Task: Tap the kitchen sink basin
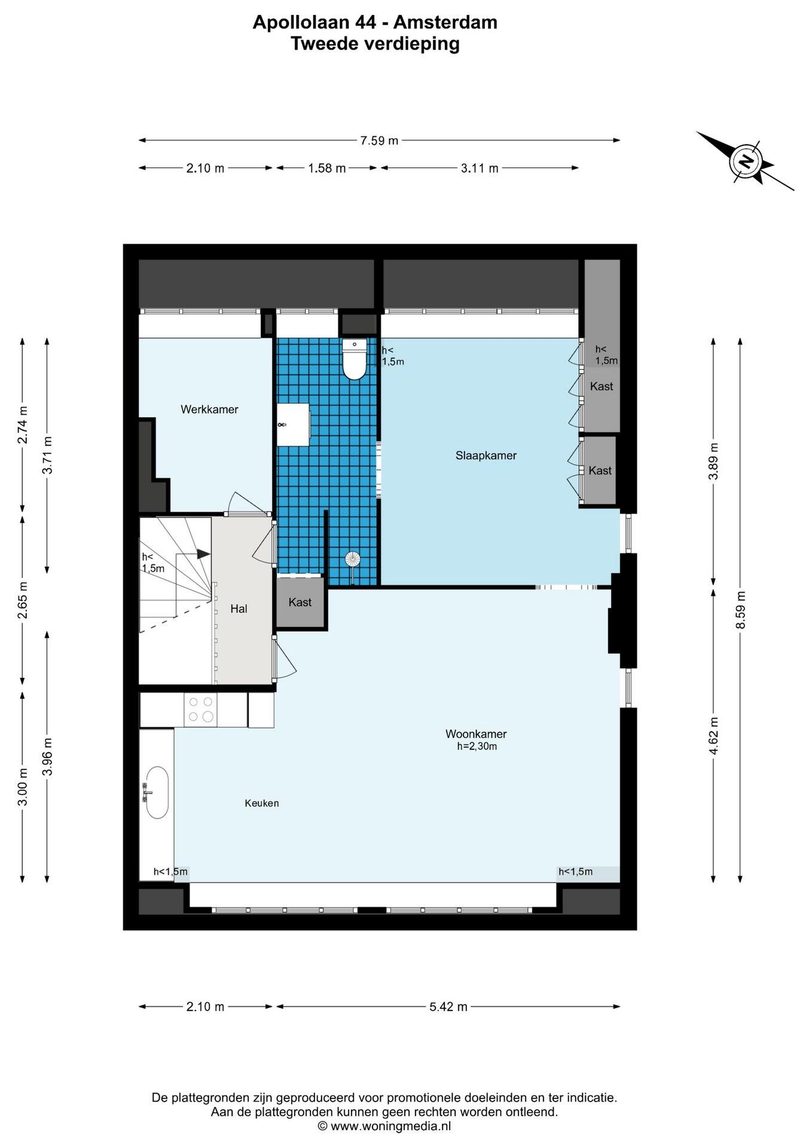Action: click(157, 792)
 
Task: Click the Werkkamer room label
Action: click(209, 410)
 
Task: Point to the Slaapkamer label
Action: click(486, 456)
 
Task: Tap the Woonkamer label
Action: click(476, 734)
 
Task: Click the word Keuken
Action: click(262, 803)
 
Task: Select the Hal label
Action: click(239, 609)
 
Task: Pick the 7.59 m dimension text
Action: click(379, 141)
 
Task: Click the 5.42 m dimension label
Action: click(448, 1006)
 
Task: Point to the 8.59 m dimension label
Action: click(740, 610)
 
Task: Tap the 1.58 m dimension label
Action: click(327, 168)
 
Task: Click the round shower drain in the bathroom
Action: click(353, 560)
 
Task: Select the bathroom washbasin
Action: click(293, 425)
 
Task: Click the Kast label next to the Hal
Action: click(300, 602)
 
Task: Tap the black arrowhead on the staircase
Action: click(203, 554)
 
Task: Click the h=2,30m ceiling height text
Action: click(477, 746)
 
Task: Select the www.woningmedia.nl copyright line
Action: click(384, 1126)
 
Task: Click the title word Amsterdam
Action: click(445, 22)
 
